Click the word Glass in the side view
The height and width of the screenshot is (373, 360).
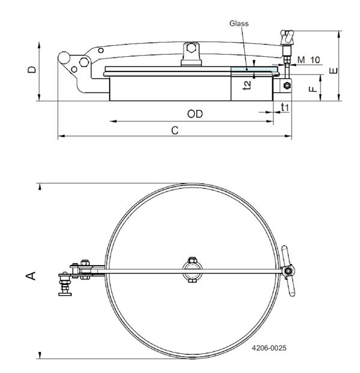pyautogui.click(x=238, y=23)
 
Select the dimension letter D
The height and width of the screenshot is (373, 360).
pyautogui.click(x=32, y=71)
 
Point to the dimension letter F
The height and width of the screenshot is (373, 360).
pyautogui.click(x=312, y=91)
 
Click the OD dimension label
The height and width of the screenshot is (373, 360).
pyautogui.click(x=194, y=113)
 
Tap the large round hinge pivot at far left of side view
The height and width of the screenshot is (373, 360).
pyautogui.click(x=64, y=58)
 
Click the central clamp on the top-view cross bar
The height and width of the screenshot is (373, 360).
pyautogui.click(x=192, y=269)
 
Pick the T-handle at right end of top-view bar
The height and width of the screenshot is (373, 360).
pyautogui.click(x=291, y=272)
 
